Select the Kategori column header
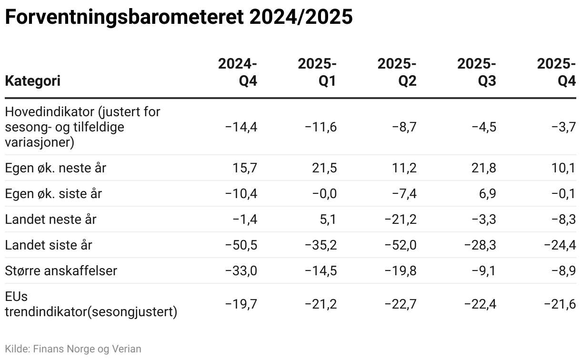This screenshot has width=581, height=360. [32, 81]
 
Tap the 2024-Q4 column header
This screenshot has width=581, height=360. [238, 72]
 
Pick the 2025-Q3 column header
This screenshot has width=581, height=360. [477, 72]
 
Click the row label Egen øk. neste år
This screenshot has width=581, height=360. [55, 168]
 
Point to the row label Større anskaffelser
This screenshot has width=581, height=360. [61, 271]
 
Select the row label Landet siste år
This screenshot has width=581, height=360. [49, 245]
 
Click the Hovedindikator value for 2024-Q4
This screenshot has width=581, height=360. [241, 127]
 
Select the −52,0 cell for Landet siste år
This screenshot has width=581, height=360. [401, 245]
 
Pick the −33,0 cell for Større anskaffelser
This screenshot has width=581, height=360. [241, 271]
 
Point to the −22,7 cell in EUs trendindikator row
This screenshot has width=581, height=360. [401, 304]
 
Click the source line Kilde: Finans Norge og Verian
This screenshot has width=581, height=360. [73, 349]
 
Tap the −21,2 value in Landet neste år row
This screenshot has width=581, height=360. [401, 220]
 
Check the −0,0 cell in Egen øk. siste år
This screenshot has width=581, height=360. [324, 194]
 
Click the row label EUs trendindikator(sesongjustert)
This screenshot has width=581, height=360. [90, 305]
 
